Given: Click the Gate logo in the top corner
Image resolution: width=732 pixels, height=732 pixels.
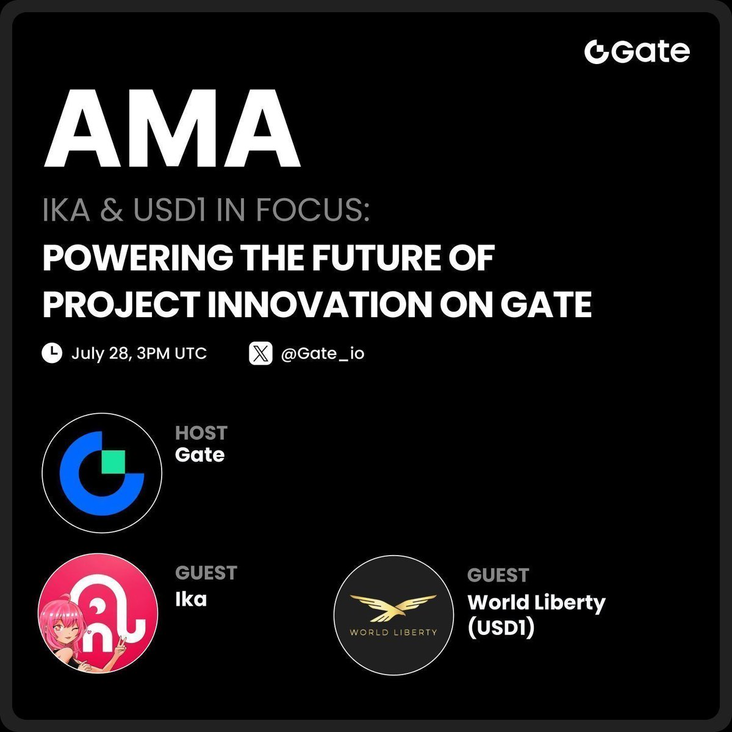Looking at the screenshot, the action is (637, 52).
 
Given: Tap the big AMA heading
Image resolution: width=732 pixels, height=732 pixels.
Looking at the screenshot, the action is (172, 128).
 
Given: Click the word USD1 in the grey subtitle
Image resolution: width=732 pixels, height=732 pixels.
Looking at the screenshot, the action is (169, 209).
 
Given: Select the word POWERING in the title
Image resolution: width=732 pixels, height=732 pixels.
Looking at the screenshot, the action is (138, 258).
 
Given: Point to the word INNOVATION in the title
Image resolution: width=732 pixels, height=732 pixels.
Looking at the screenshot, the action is (320, 304).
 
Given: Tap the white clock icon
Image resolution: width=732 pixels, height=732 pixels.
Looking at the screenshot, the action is (52, 353).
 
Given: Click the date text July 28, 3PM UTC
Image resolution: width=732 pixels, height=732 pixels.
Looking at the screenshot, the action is (139, 354).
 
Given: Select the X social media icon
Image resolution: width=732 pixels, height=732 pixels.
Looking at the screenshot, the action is (260, 353).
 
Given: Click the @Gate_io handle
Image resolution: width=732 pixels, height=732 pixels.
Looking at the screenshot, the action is (323, 354).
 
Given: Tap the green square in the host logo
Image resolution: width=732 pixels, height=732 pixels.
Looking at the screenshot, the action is (113, 462).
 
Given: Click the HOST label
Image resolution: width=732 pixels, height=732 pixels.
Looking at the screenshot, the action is (201, 433).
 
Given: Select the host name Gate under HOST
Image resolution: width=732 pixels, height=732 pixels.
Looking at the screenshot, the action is (200, 454).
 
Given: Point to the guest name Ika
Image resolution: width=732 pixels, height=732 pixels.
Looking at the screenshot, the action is (191, 599).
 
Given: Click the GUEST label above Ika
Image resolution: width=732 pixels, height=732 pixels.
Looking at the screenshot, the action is (206, 573).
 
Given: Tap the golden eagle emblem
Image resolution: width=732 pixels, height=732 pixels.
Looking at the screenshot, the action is (393, 609).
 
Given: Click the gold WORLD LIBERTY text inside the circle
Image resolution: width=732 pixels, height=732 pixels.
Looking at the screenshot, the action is (393, 633).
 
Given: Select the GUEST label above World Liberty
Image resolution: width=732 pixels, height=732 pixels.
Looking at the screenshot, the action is (498, 575).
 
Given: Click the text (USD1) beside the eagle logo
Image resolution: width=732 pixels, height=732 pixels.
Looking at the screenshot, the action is (501, 628).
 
